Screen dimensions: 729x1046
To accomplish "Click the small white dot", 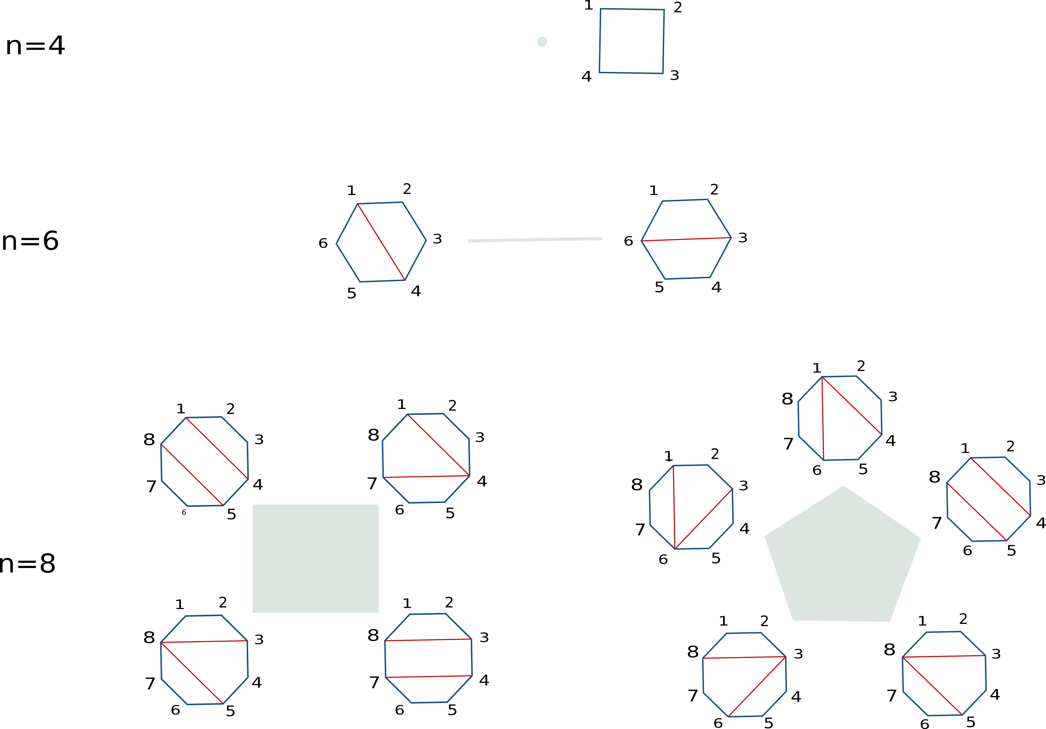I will point(542,42).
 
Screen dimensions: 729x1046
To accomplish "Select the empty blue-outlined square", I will point(631,41).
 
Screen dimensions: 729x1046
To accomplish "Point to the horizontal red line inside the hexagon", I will point(686,239).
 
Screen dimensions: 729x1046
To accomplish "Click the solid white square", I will point(315,558).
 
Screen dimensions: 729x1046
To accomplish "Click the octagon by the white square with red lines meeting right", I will point(426,458).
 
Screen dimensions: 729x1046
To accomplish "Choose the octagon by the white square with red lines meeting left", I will point(205,660).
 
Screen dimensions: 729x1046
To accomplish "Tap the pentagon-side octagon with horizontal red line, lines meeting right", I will point(744,675).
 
